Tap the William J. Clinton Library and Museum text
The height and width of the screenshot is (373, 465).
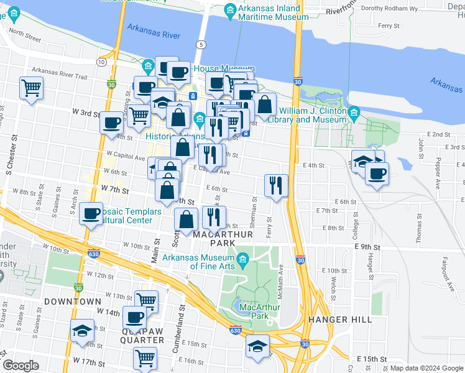point(308,115)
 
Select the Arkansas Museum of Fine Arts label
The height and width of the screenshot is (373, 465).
point(198,262)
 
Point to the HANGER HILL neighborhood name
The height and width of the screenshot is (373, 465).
point(339,320)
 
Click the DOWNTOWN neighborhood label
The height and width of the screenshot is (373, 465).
point(72,301)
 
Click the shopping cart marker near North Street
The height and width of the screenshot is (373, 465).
point(31,88)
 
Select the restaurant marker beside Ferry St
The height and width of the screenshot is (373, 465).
point(276,185)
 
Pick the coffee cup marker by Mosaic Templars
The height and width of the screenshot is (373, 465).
point(91,214)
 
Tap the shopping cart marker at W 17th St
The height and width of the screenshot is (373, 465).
point(145,358)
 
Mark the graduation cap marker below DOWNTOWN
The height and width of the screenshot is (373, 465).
point(81,331)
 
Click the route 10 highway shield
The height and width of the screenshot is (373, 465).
point(101,62)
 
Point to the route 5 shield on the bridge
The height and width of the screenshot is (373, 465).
point(200,44)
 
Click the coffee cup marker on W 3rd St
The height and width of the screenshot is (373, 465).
point(112,122)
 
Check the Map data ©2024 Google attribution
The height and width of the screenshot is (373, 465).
point(426,368)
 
